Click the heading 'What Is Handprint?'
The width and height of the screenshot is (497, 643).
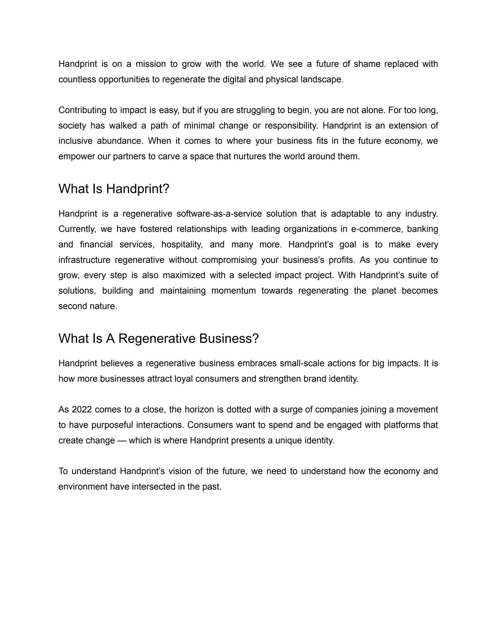pos(114,189)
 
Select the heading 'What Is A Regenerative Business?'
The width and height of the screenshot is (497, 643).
pos(159,338)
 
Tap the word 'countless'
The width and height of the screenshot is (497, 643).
pos(77,79)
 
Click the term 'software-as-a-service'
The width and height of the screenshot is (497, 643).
pos(219,214)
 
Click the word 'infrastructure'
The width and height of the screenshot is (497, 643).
pos(84,260)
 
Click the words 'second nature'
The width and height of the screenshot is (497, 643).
pos(88,306)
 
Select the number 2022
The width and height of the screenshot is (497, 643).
pos(82,410)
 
